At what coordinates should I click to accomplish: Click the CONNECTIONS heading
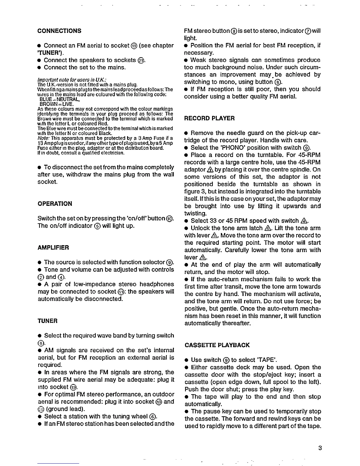click(59, 31)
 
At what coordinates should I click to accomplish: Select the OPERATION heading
click(55, 204)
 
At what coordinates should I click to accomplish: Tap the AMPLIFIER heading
click(53, 247)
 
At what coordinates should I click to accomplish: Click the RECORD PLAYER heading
click(209, 118)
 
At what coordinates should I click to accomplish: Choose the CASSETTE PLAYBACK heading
click(217, 345)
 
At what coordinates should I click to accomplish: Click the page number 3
click(320, 448)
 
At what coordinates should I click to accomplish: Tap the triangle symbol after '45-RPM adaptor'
click(210, 170)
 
